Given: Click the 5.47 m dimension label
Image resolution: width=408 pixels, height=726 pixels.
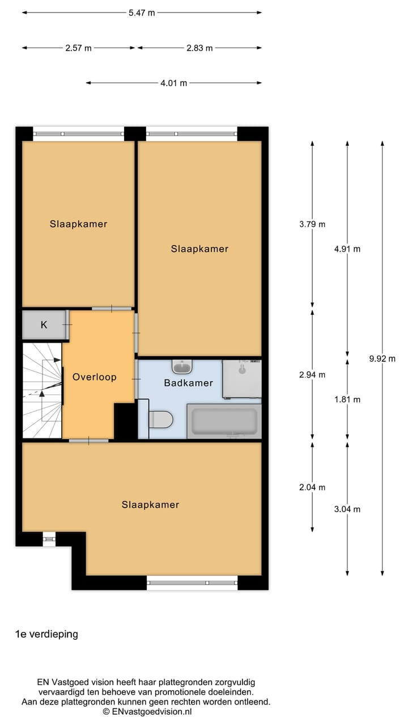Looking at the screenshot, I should (142, 13).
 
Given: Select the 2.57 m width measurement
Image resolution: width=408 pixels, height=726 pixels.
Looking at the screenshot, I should (78, 48).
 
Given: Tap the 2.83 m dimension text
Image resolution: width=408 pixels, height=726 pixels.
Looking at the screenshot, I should (199, 48).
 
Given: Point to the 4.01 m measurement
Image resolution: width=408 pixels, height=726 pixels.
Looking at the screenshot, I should (173, 83).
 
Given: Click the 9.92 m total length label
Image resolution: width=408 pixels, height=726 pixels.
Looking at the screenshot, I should (382, 358).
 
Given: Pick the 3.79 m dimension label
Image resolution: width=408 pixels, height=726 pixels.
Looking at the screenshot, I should (312, 224).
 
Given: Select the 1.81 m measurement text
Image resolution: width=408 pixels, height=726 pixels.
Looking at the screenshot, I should (347, 399).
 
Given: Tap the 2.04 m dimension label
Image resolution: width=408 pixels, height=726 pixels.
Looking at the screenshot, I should (312, 487).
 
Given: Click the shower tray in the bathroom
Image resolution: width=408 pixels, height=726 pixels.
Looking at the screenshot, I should (242, 378).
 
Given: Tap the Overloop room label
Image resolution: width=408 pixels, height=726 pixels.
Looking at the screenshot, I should (94, 377).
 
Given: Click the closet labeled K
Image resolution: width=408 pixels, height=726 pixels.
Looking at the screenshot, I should (44, 325).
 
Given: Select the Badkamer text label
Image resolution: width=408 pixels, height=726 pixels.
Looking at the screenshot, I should (189, 383).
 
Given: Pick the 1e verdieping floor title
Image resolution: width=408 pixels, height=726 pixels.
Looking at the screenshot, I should (46, 634).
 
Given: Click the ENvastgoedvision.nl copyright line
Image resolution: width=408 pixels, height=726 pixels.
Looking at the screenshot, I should (147, 711).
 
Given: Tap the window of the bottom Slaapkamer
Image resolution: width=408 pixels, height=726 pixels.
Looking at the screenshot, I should (192, 583).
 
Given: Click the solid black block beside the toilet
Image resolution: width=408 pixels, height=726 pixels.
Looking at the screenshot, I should (125, 421).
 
